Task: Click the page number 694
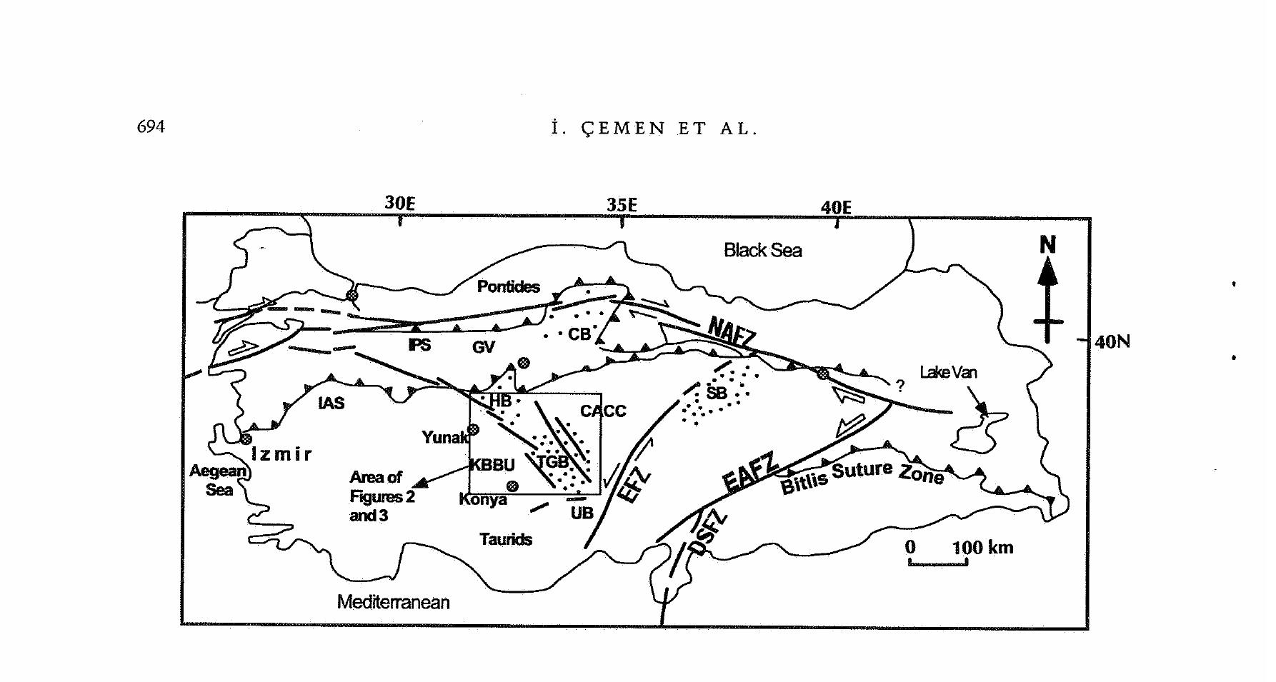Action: (x=151, y=127)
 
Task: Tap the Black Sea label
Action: (x=762, y=251)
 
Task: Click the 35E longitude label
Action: (x=622, y=205)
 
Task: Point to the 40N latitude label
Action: (x=1112, y=342)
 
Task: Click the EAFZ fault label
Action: (x=749, y=472)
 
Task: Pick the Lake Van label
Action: (x=947, y=372)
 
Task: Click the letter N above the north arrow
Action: (x=1047, y=246)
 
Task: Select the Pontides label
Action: (x=508, y=287)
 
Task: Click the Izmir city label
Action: (x=281, y=454)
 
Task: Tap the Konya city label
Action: (x=483, y=499)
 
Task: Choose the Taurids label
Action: (x=506, y=539)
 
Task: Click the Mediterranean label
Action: (x=393, y=602)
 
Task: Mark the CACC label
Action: (x=603, y=411)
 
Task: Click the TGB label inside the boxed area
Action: (x=553, y=462)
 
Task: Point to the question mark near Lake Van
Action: (x=900, y=386)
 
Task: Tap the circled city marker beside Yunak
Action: (x=473, y=430)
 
